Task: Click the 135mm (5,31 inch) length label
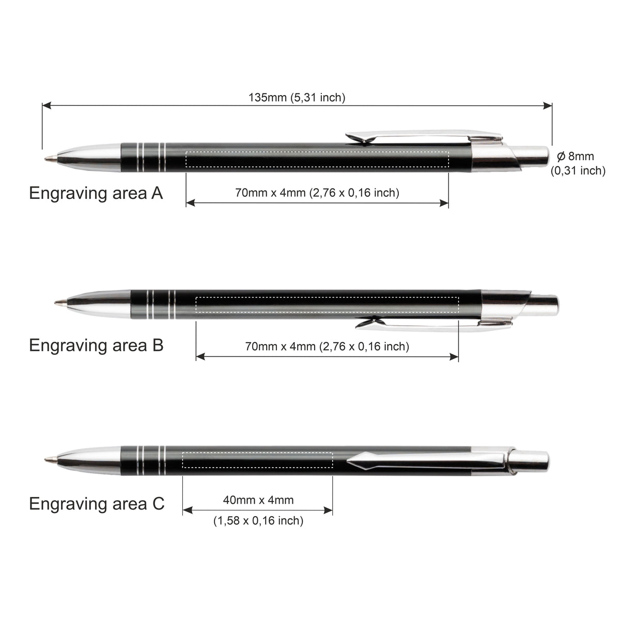coord(297,97)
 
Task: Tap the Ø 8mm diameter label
coord(576,156)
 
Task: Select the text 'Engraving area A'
coord(96,194)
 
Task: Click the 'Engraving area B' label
coord(96,346)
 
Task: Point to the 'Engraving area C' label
coord(97,504)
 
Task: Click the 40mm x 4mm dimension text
coord(258,500)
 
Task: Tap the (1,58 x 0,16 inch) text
coord(258,521)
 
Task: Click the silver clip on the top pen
coord(424,137)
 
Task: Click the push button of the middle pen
coord(544,304)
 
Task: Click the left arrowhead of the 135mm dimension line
coord(47,105)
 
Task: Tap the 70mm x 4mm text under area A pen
coord(317,193)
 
